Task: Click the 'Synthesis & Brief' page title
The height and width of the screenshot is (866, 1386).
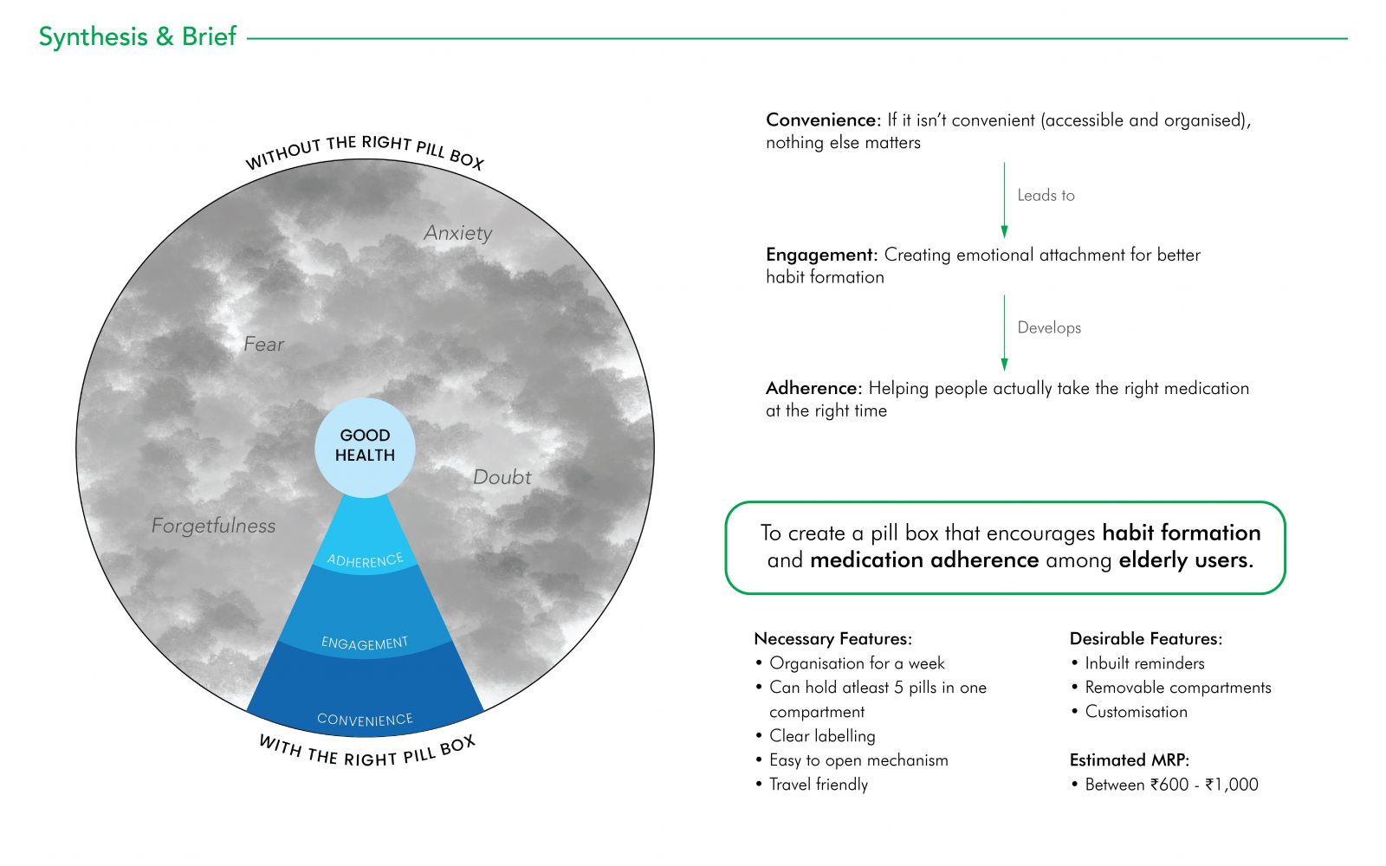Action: pyautogui.click(x=138, y=36)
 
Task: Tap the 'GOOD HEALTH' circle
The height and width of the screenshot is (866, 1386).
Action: pyautogui.click(x=365, y=447)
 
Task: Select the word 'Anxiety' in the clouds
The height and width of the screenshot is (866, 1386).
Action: pyautogui.click(x=458, y=233)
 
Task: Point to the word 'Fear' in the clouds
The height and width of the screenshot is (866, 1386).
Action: pyautogui.click(x=263, y=344)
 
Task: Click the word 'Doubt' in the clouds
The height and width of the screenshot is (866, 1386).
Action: pyautogui.click(x=502, y=477)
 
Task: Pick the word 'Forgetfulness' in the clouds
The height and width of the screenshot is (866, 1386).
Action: pyautogui.click(x=213, y=526)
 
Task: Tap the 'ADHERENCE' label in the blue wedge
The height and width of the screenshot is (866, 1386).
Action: pyautogui.click(x=365, y=560)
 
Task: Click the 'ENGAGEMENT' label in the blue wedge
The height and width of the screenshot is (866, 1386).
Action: pyautogui.click(x=365, y=643)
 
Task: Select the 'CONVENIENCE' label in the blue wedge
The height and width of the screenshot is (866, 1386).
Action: pyautogui.click(x=365, y=720)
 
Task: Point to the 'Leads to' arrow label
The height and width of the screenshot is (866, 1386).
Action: pyautogui.click(x=1046, y=196)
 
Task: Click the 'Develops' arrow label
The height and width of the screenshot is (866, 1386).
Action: pyautogui.click(x=1049, y=328)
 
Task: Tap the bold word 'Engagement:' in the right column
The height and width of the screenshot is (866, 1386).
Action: pyautogui.click(x=822, y=255)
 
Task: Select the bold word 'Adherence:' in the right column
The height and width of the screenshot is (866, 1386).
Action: pyautogui.click(x=813, y=389)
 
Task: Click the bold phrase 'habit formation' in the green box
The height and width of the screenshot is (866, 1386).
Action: pyautogui.click(x=1182, y=533)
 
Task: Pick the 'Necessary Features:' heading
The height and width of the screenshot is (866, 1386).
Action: pyautogui.click(x=832, y=639)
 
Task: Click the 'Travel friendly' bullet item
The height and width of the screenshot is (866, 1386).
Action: pyautogui.click(x=818, y=785)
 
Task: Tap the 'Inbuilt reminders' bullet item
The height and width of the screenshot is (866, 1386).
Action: pyautogui.click(x=1144, y=663)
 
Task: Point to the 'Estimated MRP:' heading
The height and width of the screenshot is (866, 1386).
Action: pyautogui.click(x=1130, y=760)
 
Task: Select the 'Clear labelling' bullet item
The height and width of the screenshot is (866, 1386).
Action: pyautogui.click(x=822, y=736)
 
